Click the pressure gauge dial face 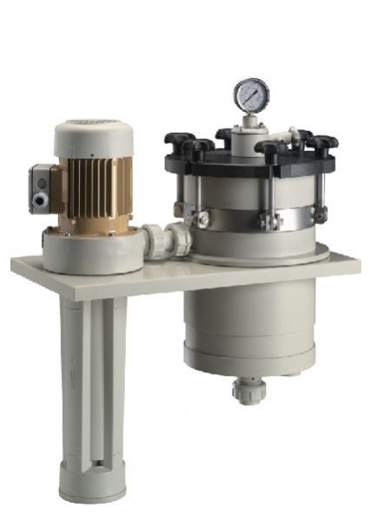coord(251,95)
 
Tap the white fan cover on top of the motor coord(94,137)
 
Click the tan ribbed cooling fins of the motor coord(100,188)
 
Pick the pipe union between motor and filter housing coord(165,240)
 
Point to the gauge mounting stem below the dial coord(251,122)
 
